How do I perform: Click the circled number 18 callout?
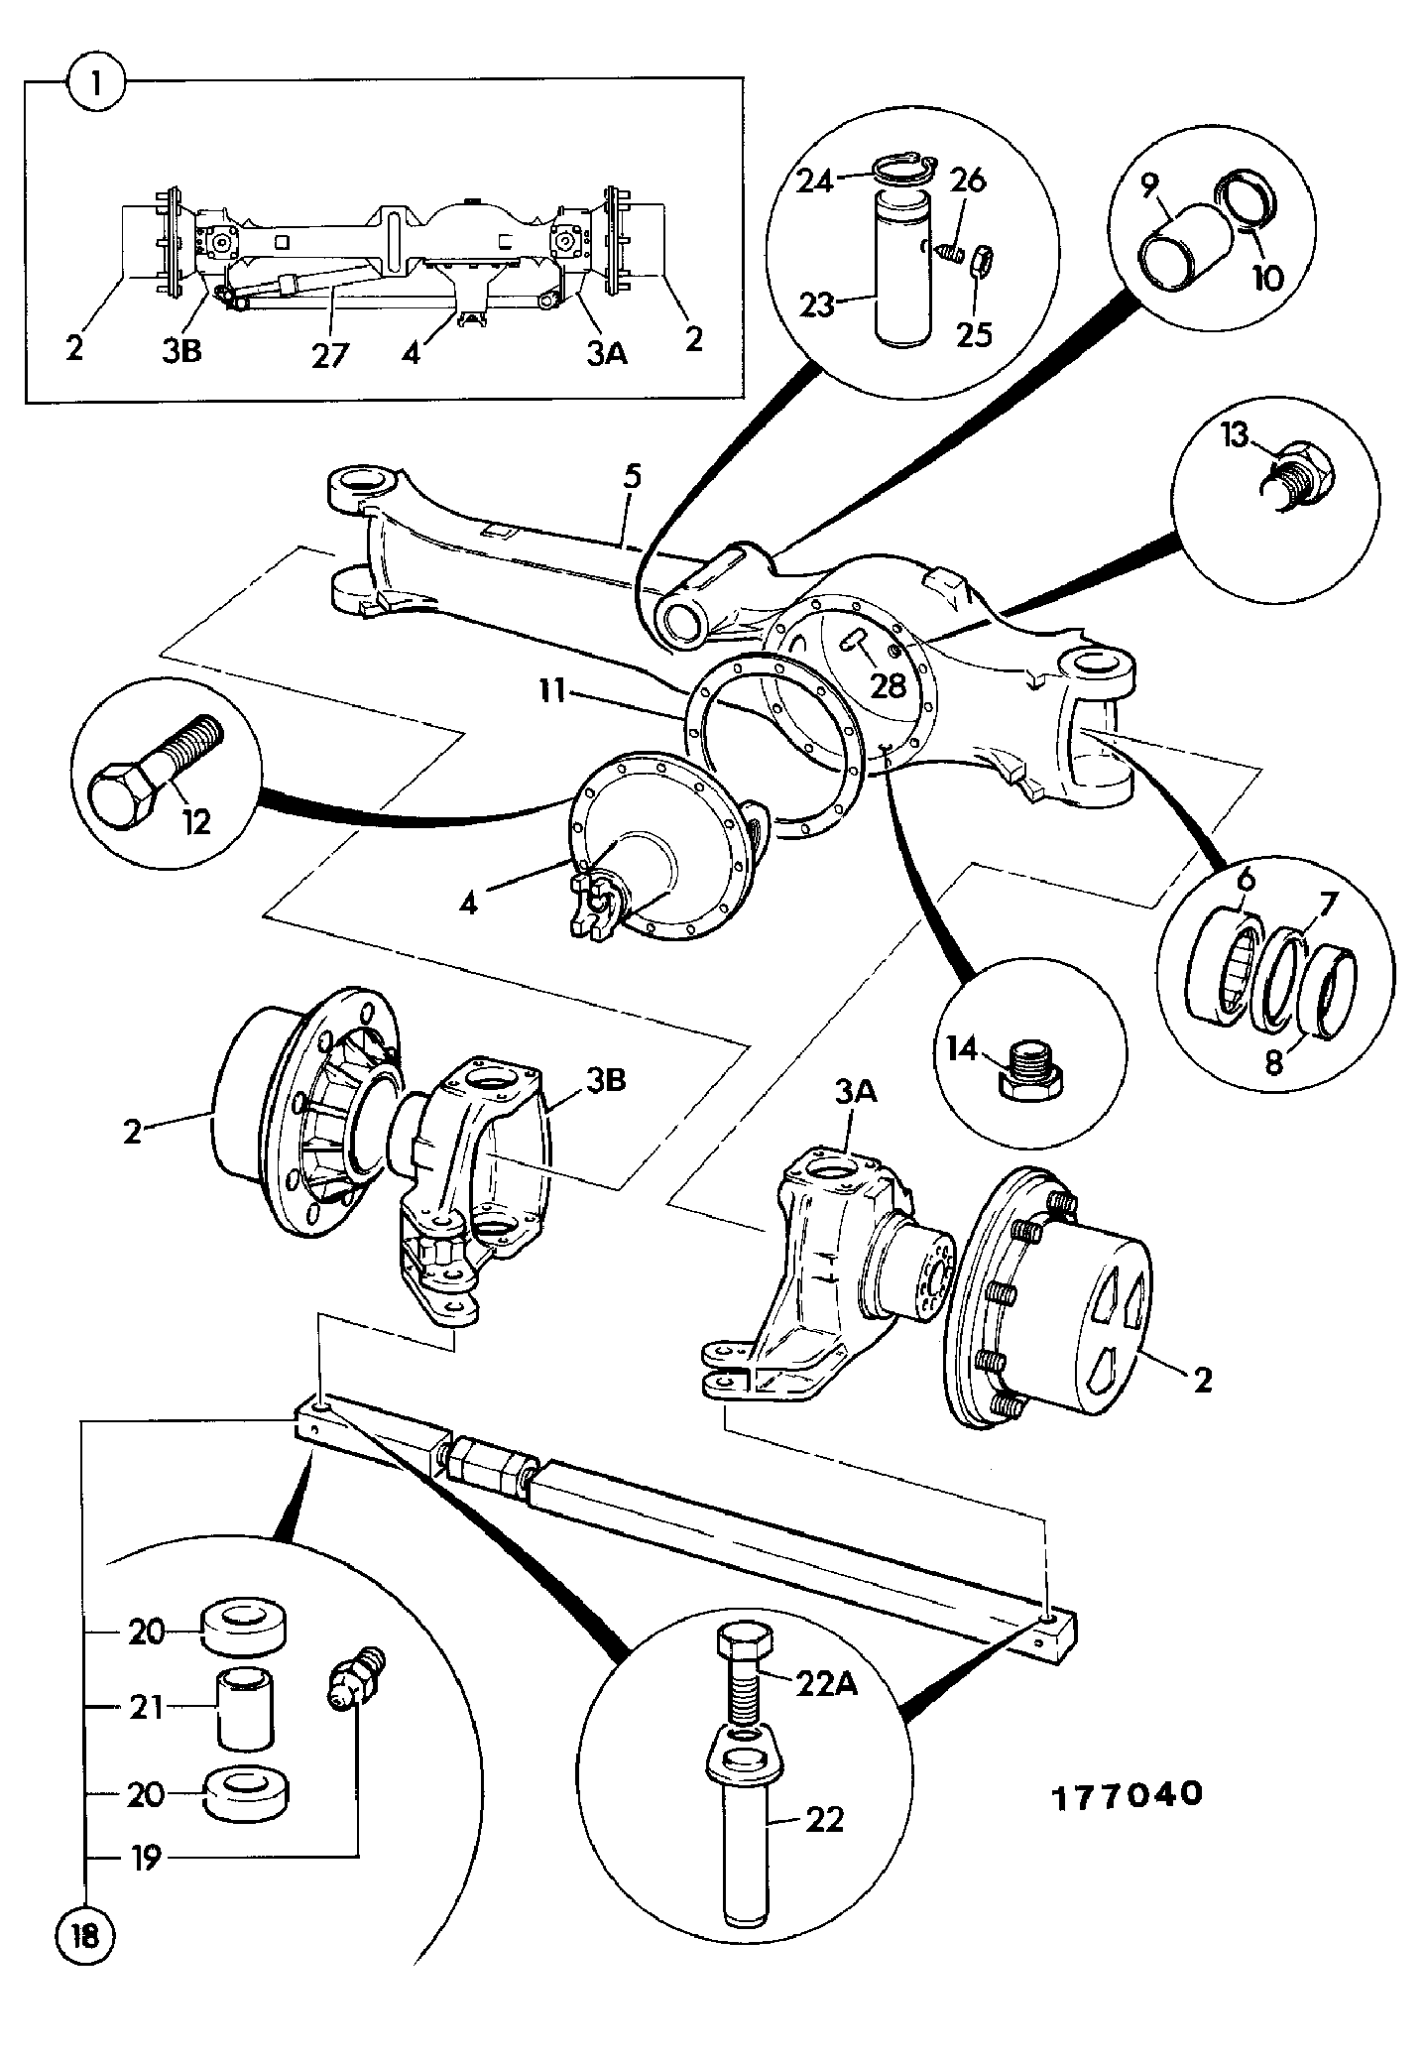(x=85, y=1936)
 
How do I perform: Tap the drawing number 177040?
(x=1126, y=1794)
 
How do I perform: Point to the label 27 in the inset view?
(x=330, y=354)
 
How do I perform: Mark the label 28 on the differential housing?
(x=889, y=684)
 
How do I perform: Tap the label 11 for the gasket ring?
(x=553, y=690)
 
